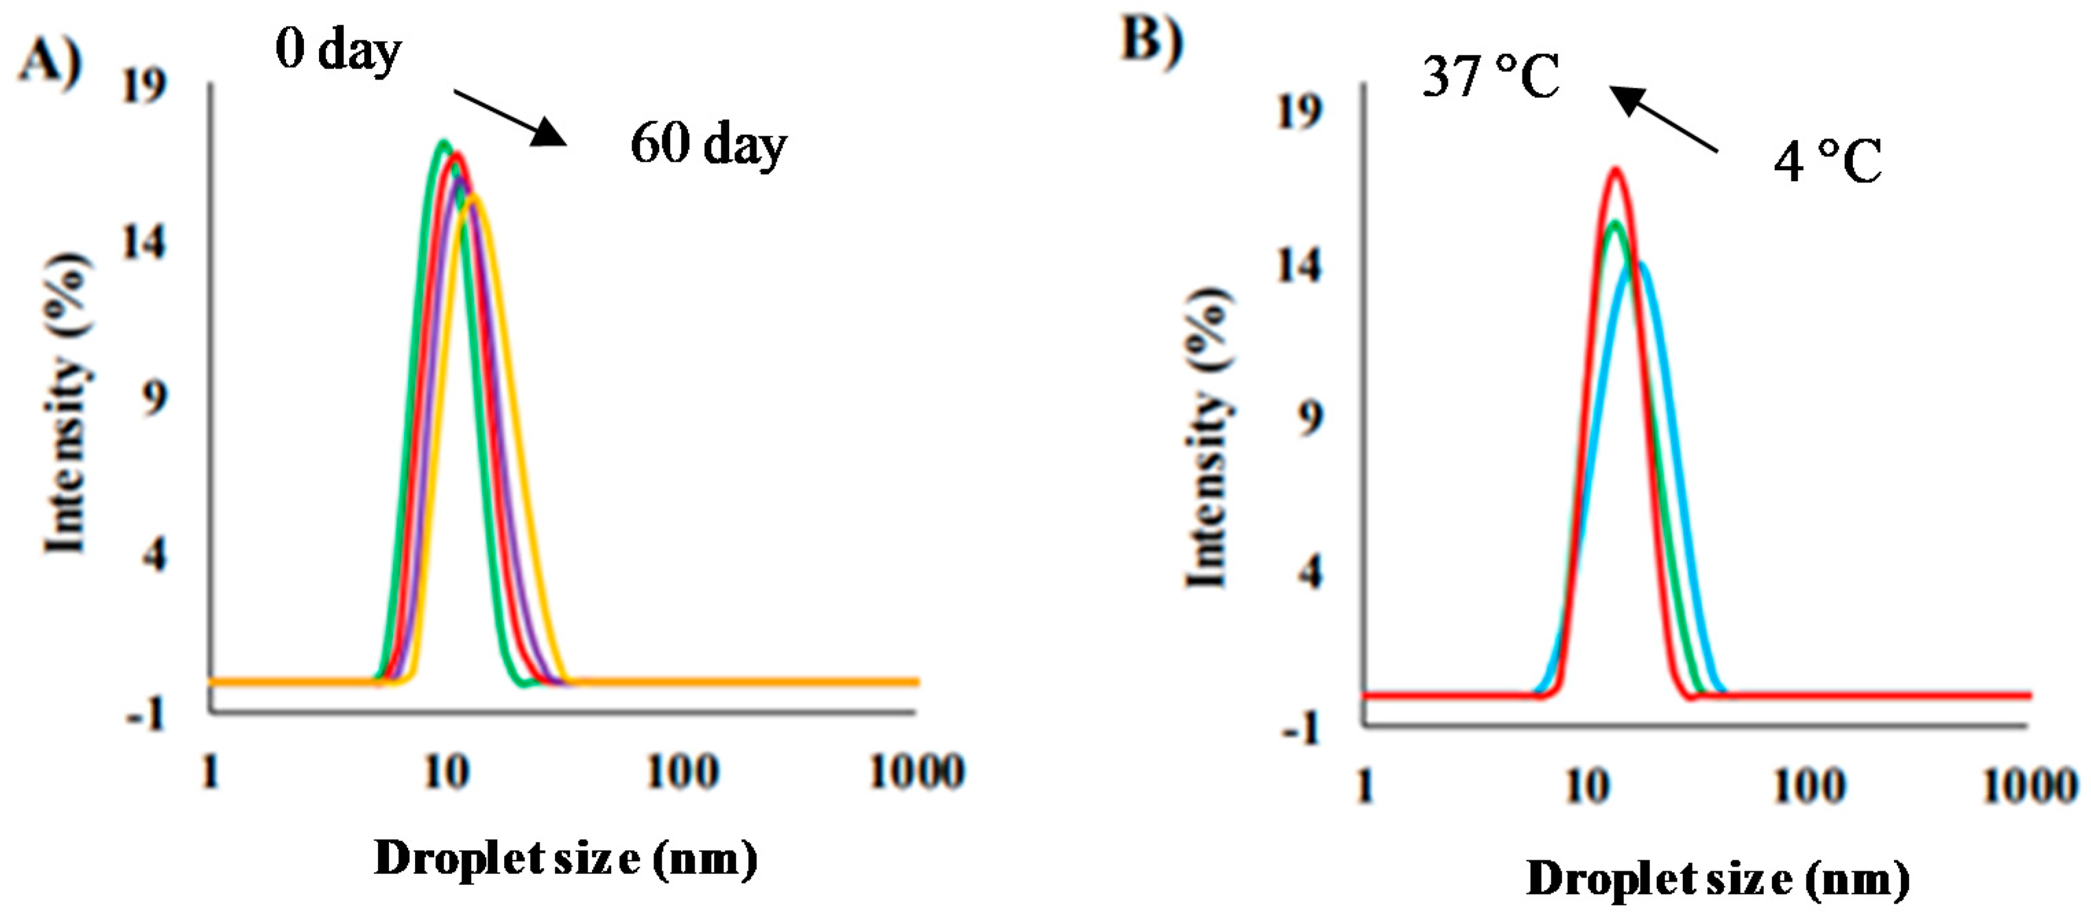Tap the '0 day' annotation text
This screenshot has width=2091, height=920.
(337, 50)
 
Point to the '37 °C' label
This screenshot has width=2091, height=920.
(1490, 77)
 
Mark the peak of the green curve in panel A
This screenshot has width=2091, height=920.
(442, 143)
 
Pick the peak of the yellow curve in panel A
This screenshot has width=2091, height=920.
(473, 195)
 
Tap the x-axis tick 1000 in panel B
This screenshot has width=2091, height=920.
(2029, 786)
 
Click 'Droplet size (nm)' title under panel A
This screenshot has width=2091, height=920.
(566, 858)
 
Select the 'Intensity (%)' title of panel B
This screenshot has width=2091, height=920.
(1210, 437)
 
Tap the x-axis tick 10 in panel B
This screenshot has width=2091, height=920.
(1586, 786)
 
